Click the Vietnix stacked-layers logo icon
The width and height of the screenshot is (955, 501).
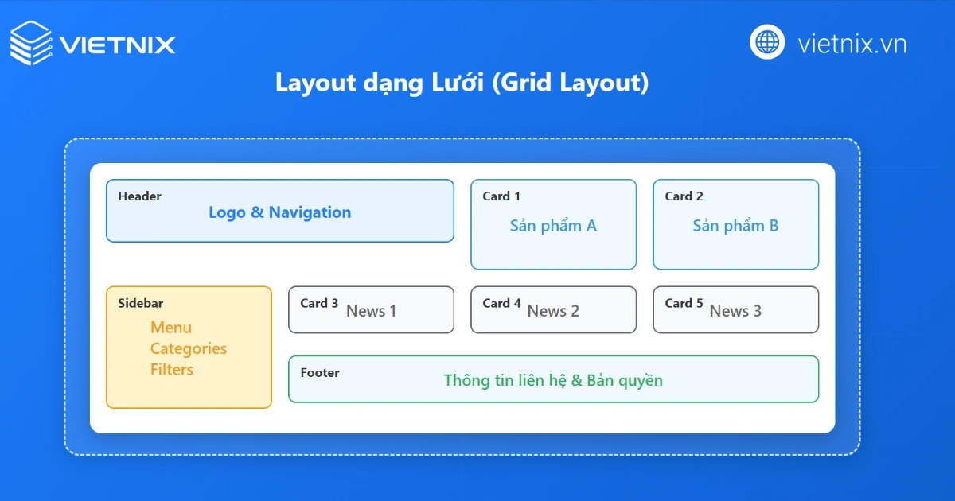(x=31, y=43)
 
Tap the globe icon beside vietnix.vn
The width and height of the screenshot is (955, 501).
(x=767, y=41)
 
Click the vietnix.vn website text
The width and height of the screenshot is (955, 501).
(x=852, y=44)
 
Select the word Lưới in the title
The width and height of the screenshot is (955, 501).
(x=453, y=83)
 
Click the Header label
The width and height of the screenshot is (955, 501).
(x=139, y=196)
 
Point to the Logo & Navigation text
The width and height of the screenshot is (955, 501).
(x=279, y=212)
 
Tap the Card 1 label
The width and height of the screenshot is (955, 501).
(x=501, y=196)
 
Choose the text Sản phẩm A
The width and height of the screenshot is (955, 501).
(x=553, y=226)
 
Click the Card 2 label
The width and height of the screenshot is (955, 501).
(x=684, y=196)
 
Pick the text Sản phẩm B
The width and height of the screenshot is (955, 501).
(x=735, y=226)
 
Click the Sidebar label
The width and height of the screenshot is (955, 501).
(x=141, y=303)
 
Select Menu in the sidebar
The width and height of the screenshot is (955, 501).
(x=171, y=328)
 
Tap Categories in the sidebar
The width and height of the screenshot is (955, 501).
(x=189, y=348)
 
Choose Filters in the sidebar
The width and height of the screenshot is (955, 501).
(x=172, y=370)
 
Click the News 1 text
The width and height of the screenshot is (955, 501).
(x=371, y=311)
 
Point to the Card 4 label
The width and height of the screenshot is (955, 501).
(x=501, y=303)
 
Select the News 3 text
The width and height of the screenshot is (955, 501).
(x=735, y=311)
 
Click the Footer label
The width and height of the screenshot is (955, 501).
(x=320, y=372)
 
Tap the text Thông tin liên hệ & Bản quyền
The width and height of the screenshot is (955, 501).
(x=553, y=380)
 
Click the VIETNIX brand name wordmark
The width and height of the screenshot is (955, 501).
(x=117, y=44)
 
